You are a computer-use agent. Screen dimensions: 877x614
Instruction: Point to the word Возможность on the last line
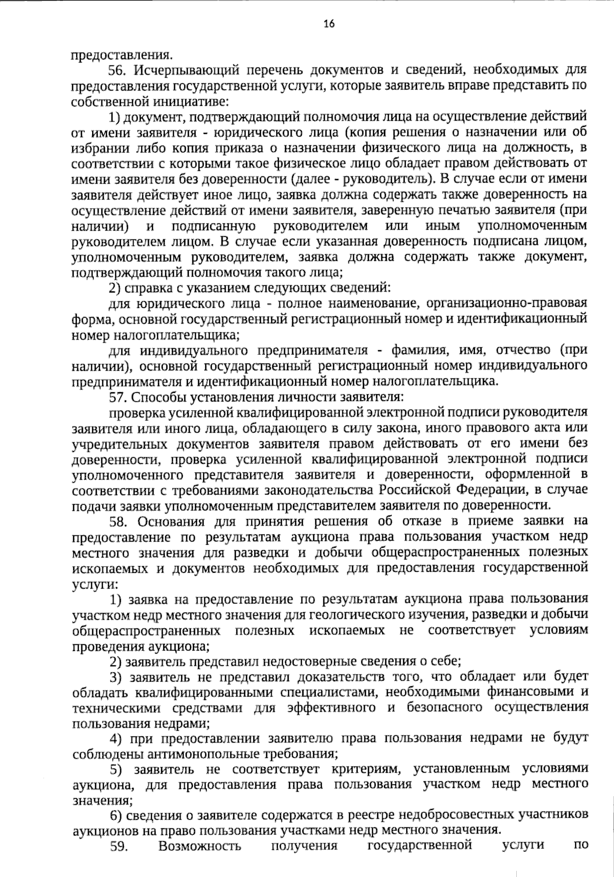pos(200,845)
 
